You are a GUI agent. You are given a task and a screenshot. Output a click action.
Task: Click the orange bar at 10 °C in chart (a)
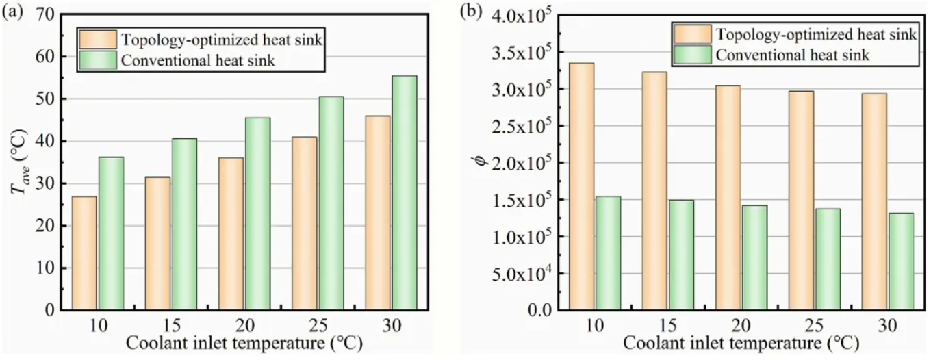[x=85, y=253]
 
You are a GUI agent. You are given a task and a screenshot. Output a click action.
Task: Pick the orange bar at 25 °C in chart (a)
[x=304, y=223]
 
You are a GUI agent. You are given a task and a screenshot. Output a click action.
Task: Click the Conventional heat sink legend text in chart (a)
[x=198, y=61]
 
